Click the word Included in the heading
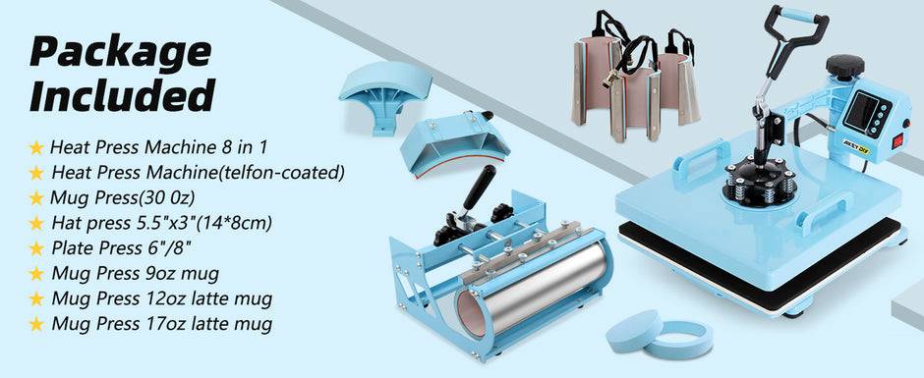click(122, 95)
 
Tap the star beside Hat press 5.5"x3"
click(36, 224)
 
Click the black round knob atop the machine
click(844, 66)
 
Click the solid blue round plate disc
click(633, 329)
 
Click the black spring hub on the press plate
click(759, 180)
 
